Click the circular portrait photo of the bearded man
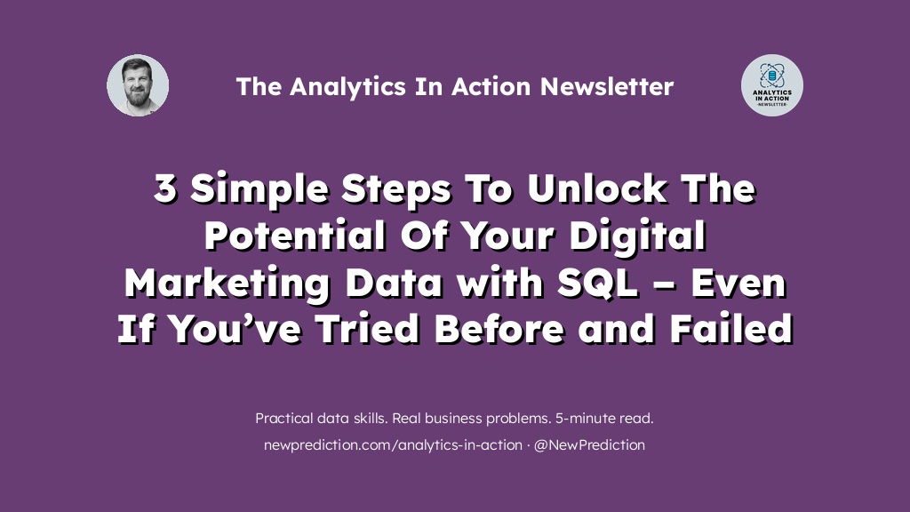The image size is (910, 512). click(x=138, y=85)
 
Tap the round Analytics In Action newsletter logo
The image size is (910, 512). click(x=772, y=85)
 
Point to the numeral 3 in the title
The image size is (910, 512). click(x=164, y=188)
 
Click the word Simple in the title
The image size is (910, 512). click(x=259, y=190)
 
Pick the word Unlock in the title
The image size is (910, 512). click(x=597, y=188)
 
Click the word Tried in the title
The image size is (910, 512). click(x=367, y=329)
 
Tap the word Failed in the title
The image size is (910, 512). click(x=731, y=329)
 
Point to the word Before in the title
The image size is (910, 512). click(x=499, y=329)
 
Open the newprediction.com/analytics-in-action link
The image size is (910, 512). click(x=393, y=445)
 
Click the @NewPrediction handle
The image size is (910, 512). click(x=589, y=445)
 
